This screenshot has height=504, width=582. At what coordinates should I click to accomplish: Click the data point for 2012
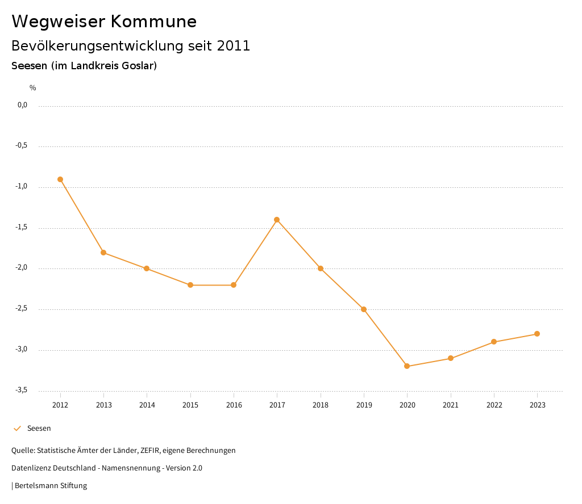click(x=60, y=179)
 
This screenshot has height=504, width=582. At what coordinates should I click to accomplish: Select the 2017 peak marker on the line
click(x=277, y=220)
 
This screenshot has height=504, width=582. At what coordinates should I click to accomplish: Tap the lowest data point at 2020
click(x=407, y=366)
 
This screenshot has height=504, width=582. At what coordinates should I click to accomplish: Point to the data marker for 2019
click(x=364, y=309)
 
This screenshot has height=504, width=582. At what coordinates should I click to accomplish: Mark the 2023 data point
click(x=537, y=334)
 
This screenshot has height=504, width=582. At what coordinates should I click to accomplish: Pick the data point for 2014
click(x=147, y=268)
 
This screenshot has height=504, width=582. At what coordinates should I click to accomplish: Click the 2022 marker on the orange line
click(x=494, y=342)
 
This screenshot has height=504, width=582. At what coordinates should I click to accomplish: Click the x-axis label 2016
click(x=234, y=405)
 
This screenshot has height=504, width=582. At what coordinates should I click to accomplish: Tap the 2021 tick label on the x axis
click(x=451, y=405)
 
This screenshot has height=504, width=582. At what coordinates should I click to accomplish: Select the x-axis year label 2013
click(x=103, y=405)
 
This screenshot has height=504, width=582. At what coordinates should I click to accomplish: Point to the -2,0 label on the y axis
click(x=22, y=268)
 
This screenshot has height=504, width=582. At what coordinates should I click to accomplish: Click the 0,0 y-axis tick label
click(x=23, y=105)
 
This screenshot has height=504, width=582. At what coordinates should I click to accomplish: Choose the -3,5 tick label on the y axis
click(x=22, y=390)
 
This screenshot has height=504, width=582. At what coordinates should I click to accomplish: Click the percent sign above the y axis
click(x=33, y=88)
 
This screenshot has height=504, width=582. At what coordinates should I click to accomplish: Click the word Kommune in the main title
click(x=153, y=22)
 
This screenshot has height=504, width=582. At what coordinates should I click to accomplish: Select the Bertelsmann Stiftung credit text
click(x=51, y=486)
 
